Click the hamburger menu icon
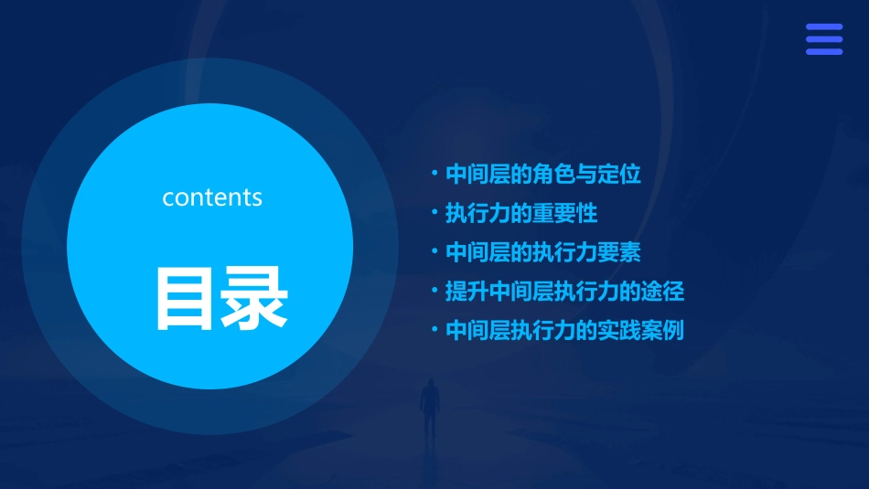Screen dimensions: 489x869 click(823, 39)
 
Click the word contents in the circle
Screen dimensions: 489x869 click(212, 197)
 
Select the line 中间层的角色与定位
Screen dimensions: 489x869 click(542, 174)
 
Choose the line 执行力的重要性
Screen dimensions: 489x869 click(520, 214)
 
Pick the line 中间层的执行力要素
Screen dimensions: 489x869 click(542, 252)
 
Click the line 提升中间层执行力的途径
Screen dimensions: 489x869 click(564, 292)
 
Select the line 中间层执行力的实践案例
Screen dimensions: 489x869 click(564, 330)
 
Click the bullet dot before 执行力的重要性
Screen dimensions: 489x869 click(435, 213)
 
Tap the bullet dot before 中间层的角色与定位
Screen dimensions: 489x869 click(435, 173)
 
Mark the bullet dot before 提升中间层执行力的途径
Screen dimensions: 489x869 click(435, 292)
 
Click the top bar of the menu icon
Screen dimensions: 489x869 click(823, 27)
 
